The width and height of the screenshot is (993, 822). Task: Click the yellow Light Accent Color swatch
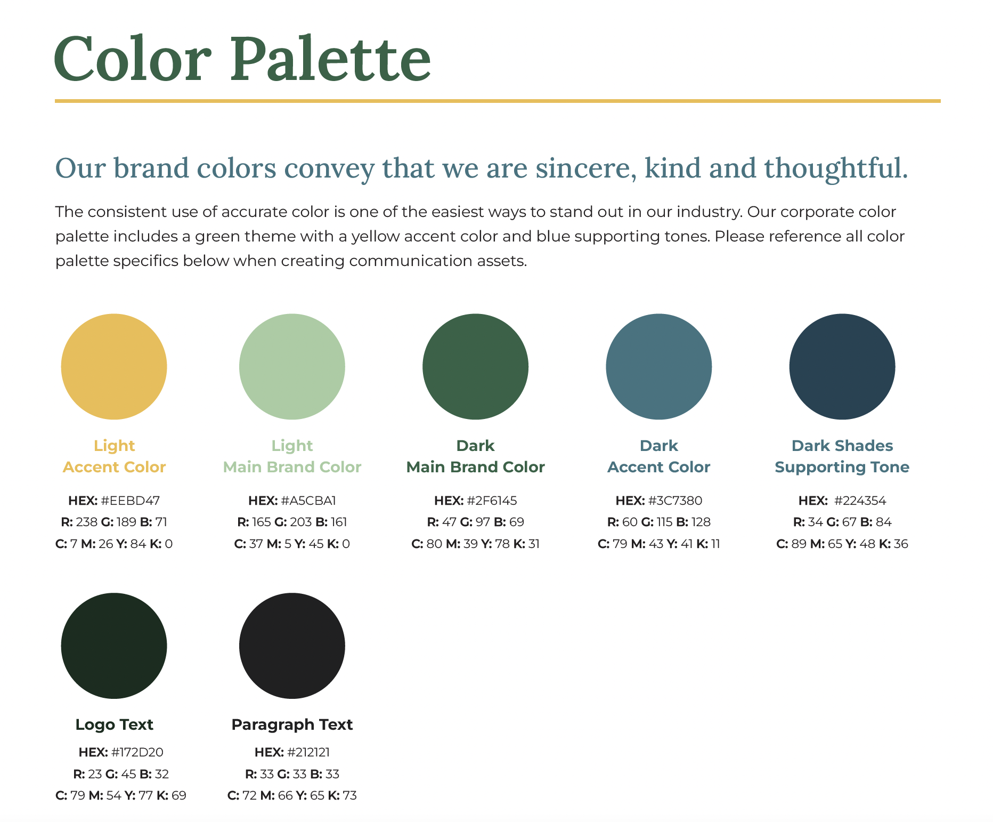pyautogui.click(x=114, y=367)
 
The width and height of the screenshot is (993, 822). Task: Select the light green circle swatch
pyautogui.click(x=292, y=367)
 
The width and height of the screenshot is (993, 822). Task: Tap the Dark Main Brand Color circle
pyautogui.click(x=475, y=367)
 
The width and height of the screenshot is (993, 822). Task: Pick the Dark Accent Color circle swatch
pyautogui.click(x=658, y=367)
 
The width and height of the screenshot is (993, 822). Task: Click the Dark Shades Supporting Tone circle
pyautogui.click(x=842, y=367)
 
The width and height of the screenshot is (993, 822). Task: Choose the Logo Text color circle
pyautogui.click(x=114, y=646)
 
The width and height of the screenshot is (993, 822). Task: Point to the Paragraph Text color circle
pyautogui.click(x=292, y=646)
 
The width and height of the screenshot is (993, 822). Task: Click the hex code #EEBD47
pyautogui.click(x=130, y=501)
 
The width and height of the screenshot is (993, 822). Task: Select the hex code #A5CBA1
pyautogui.click(x=308, y=501)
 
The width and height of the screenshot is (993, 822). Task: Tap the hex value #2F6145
pyautogui.click(x=492, y=501)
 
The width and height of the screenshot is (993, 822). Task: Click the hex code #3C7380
pyautogui.click(x=675, y=501)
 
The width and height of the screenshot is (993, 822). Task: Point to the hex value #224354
pyautogui.click(x=860, y=501)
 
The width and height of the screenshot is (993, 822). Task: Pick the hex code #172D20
pyautogui.click(x=137, y=752)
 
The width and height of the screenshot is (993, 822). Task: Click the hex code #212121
pyautogui.click(x=308, y=752)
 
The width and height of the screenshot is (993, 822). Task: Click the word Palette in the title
pyautogui.click(x=330, y=59)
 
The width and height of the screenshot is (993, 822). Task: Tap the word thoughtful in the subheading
pyautogui.click(x=835, y=168)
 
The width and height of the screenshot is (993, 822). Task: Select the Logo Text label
pyautogui.click(x=114, y=724)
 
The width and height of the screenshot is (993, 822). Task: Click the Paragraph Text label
pyautogui.click(x=292, y=724)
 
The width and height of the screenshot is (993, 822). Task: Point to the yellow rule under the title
pyautogui.click(x=498, y=101)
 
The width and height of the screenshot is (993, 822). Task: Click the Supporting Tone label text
pyautogui.click(x=842, y=467)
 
